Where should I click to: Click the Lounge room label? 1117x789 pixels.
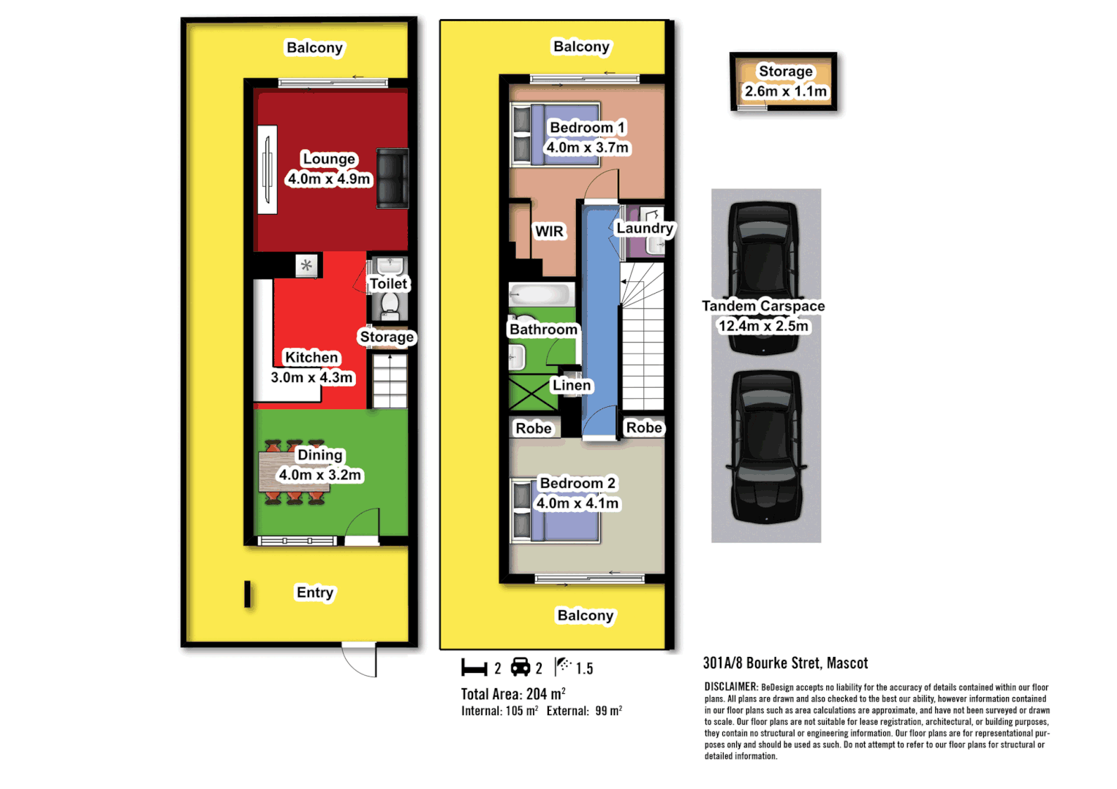(329, 159)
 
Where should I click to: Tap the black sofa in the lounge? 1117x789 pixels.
(392, 178)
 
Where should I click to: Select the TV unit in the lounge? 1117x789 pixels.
(268, 169)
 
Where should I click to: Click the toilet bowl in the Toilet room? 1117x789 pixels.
(390, 305)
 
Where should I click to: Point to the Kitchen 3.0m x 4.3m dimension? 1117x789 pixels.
(312, 378)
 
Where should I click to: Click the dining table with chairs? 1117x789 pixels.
(294, 473)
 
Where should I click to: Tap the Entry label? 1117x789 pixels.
(315, 592)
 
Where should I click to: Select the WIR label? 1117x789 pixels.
(549, 232)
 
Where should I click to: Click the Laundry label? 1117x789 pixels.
(644, 228)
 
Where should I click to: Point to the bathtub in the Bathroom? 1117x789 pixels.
(540, 294)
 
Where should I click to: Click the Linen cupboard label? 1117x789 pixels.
(572, 385)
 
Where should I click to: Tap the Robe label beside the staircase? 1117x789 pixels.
(644, 427)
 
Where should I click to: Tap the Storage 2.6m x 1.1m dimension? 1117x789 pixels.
(785, 91)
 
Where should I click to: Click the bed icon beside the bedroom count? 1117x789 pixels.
(474, 668)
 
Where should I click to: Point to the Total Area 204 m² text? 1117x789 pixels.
(512, 694)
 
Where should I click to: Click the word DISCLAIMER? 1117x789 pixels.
(731, 687)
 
